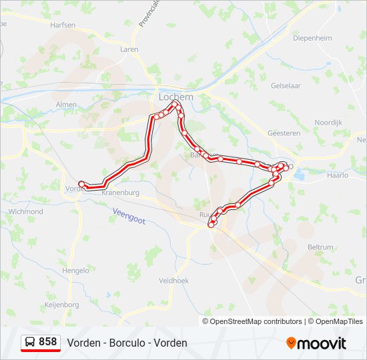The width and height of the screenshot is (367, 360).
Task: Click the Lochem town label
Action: tap(176, 97)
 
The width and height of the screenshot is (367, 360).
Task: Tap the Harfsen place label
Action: tap(63, 25)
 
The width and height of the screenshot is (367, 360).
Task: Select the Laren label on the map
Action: tap(129, 49)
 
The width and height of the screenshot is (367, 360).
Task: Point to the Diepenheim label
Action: tap(312, 38)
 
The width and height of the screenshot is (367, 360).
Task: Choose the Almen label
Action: tap(67, 105)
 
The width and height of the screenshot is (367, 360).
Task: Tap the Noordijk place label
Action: tap(328, 123)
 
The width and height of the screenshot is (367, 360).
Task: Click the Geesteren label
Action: tap(284, 133)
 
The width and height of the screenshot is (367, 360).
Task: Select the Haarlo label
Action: tap(338, 175)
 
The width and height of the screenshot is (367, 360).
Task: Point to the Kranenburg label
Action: tap(120, 192)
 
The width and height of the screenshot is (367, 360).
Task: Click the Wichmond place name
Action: tap(25, 211)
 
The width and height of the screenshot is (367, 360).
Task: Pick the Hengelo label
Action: tap(75, 271)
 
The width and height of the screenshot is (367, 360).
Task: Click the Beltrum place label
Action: tap(320, 247)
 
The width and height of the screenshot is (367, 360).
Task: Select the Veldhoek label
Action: tap(174, 281)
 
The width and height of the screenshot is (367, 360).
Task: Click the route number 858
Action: tap(47, 341)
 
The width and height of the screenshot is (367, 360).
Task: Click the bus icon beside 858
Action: tap(30, 342)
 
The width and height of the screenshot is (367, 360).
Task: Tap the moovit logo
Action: tap(316, 343)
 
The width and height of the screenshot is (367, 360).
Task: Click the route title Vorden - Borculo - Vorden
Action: tap(127, 343)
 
